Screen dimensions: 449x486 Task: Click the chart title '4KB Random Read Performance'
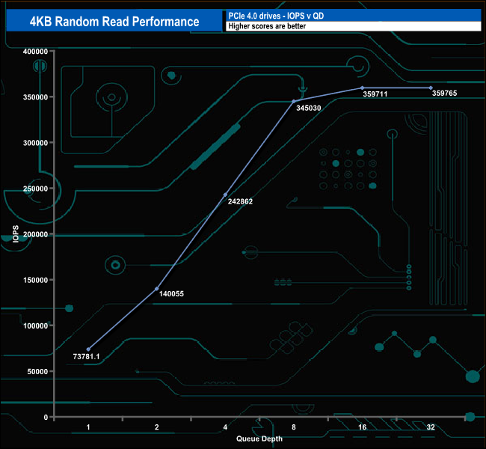coord(114,21)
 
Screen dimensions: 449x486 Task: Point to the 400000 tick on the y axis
coord(35,52)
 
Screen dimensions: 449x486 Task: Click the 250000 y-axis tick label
coord(35,189)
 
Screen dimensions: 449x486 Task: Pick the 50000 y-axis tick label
coord(37,371)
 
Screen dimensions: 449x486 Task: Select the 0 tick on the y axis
coord(46,417)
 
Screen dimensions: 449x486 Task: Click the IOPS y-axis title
coord(16,233)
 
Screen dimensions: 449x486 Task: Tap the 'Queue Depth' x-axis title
coord(259,439)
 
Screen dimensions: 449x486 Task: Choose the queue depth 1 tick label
coord(88,427)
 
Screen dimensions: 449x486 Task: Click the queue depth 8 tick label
coord(294,427)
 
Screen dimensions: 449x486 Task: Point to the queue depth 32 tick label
coord(431,427)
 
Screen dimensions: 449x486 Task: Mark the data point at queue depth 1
coord(88,349)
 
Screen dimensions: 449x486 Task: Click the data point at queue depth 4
coord(225,195)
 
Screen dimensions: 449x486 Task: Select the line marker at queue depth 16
coord(362,88)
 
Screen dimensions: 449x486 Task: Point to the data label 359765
coord(447,94)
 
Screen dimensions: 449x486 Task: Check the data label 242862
coord(242,202)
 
